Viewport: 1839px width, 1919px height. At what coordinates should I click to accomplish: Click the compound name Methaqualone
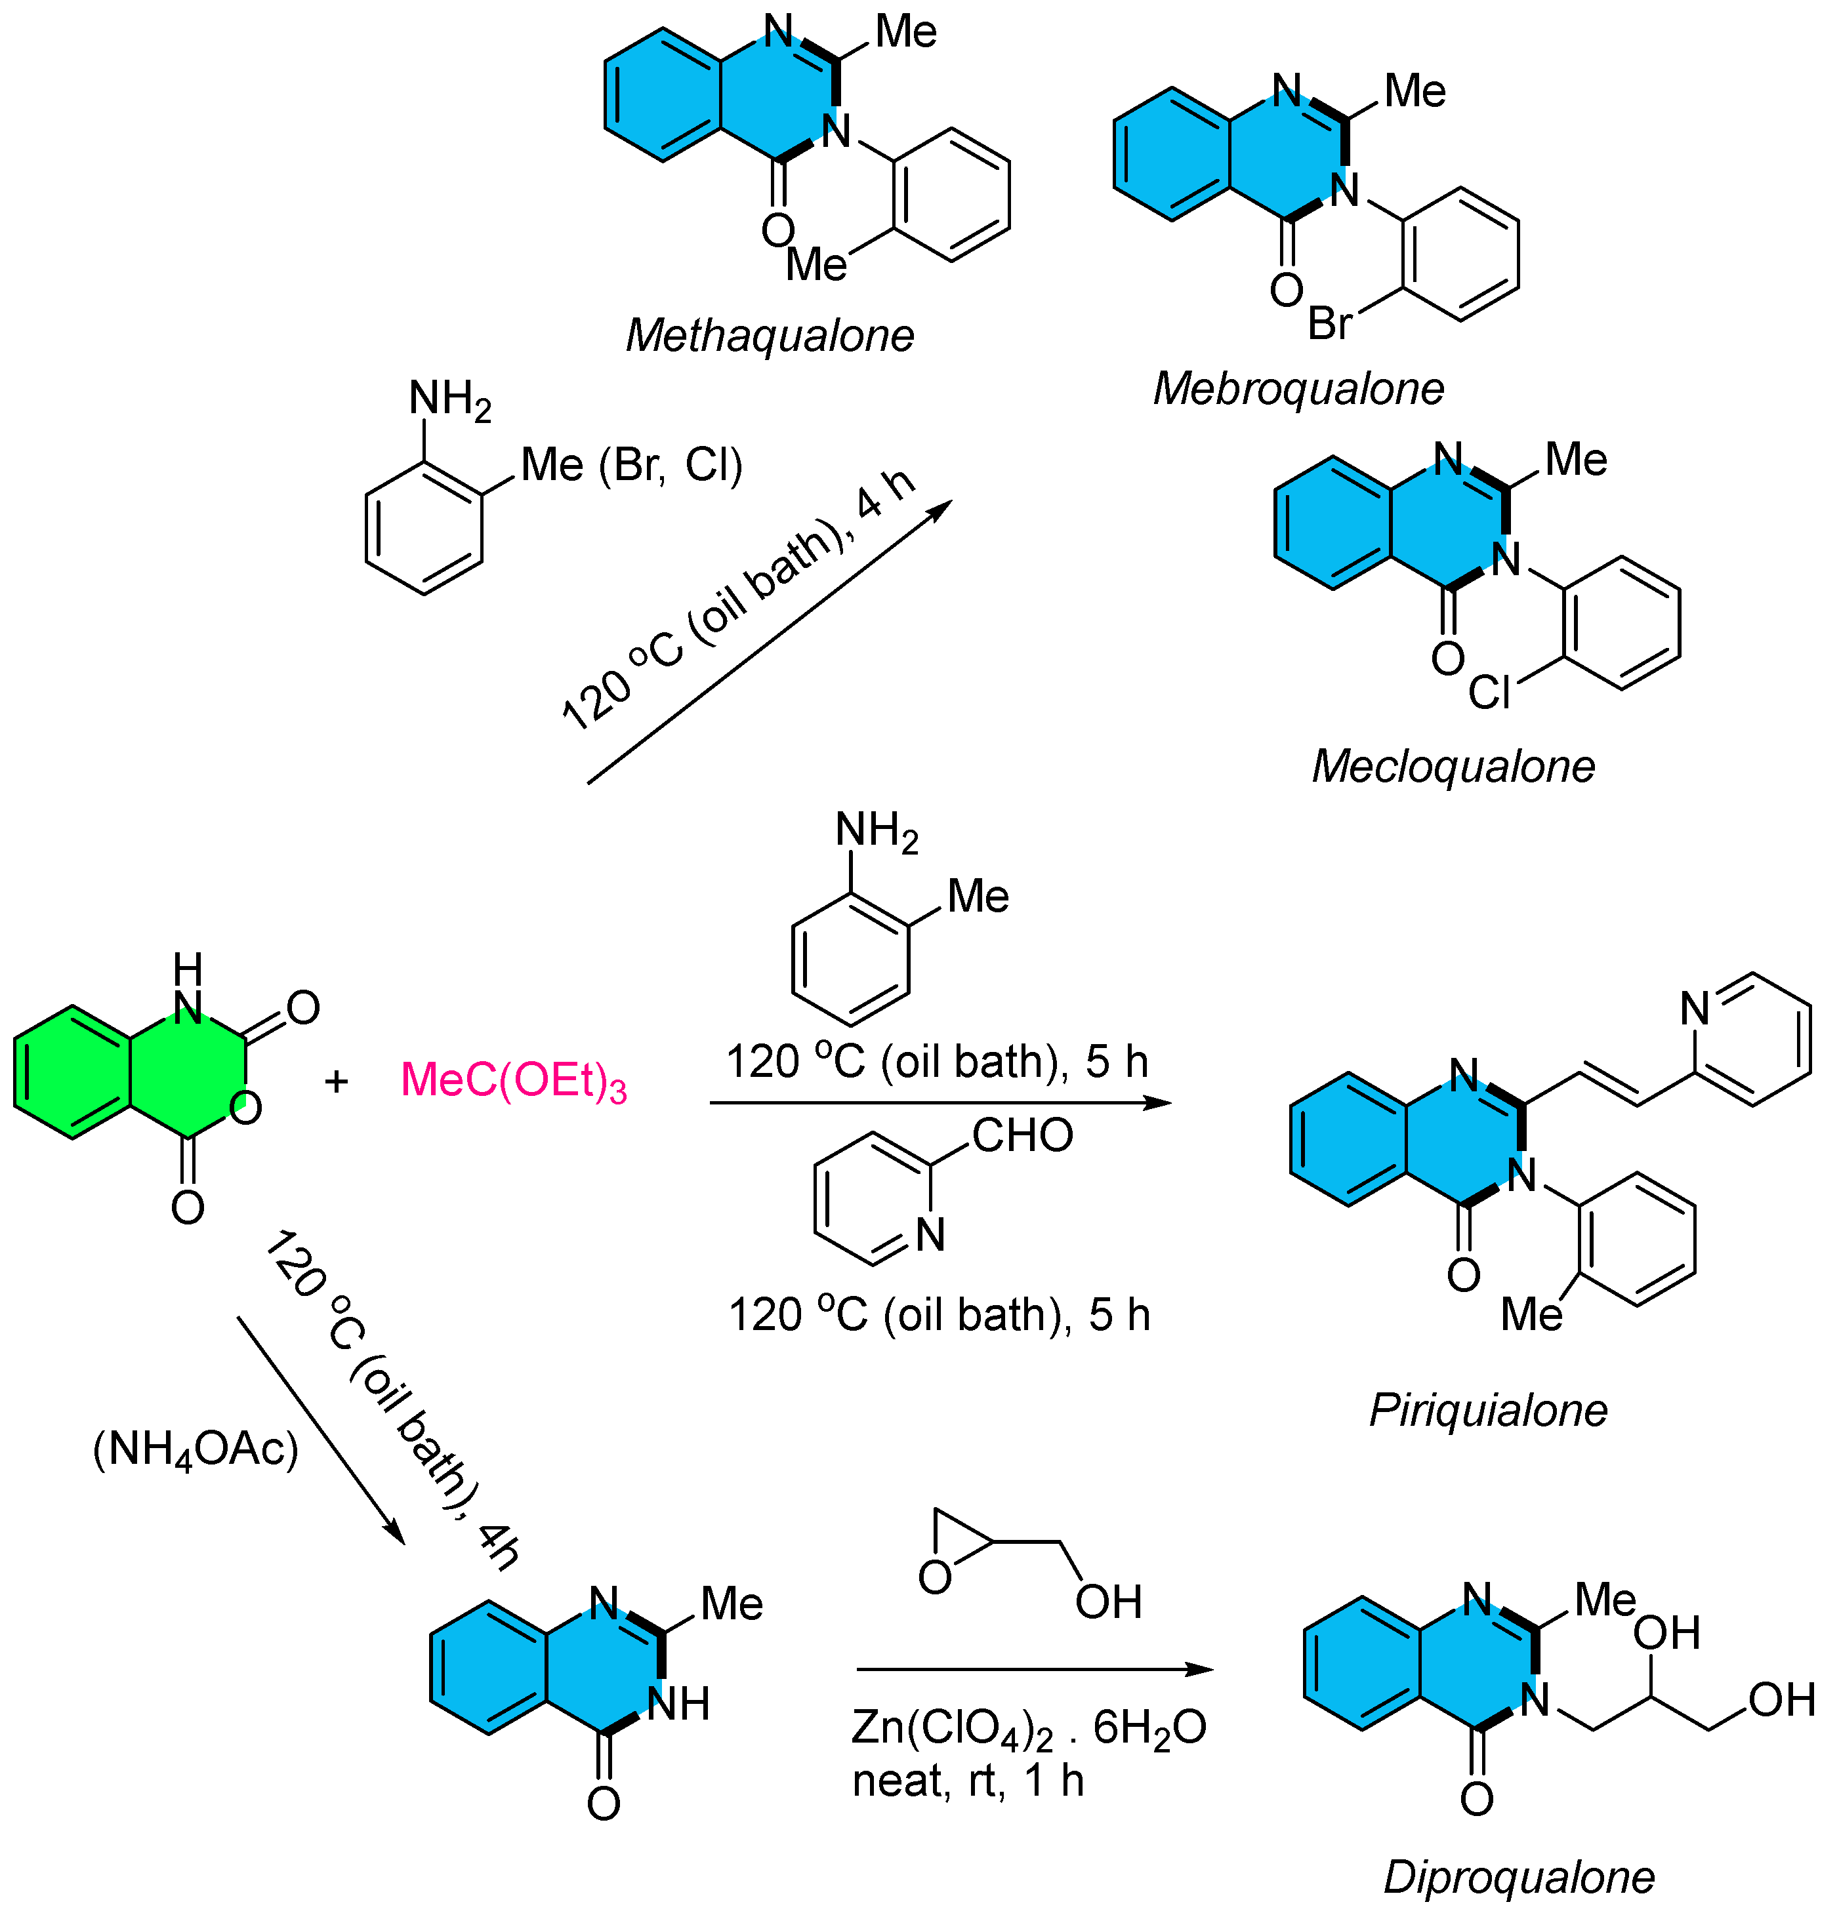tap(769, 336)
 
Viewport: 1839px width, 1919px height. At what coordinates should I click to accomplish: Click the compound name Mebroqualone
tap(1298, 389)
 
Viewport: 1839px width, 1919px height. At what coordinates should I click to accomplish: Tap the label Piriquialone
tap(1487, 1410)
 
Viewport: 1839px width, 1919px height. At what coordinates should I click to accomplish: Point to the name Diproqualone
tap(1518, 1877)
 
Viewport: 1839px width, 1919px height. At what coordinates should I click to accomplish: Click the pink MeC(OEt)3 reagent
tap(513, 1080)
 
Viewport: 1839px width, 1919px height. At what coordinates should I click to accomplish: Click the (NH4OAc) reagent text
tap(195, 1449)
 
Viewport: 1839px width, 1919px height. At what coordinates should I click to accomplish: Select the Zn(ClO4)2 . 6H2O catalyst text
tap(1027, 1728)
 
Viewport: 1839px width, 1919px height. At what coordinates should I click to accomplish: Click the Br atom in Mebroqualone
tap(1330, 323)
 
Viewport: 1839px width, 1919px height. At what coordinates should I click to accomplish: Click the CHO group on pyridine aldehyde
tap(1022, 1136)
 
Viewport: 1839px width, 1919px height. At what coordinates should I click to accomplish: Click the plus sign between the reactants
tap(336, 1081)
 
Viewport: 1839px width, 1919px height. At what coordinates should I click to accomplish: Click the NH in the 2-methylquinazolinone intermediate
tap(678, 1705)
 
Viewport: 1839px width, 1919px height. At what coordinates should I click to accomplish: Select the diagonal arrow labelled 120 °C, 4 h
tap(769, 642)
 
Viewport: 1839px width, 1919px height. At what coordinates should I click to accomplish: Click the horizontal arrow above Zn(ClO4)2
tap(1034, 1669)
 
